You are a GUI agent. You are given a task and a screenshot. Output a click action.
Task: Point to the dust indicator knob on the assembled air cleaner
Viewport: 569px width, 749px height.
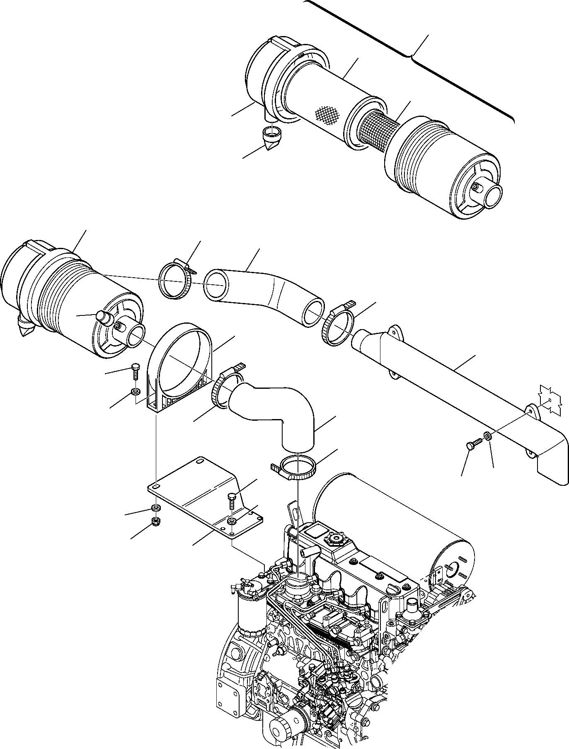pyautogui.click(x=103, y=317)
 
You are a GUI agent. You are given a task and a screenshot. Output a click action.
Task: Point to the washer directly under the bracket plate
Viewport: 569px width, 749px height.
pyautogui.click(x=156, y=509)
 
